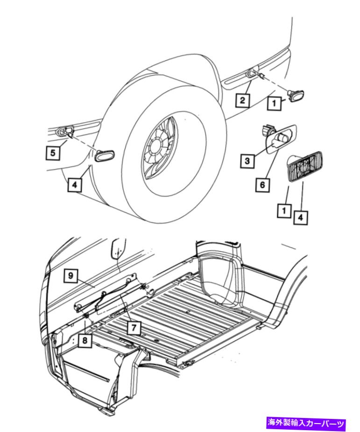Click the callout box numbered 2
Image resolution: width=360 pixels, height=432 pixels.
(242, 100)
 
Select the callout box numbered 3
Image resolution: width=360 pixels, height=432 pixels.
(247, 160)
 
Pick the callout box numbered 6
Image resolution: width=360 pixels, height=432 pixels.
(262, 184)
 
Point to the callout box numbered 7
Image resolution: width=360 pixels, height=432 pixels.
(134, 328)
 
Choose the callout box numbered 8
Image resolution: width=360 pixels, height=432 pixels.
(85, 340)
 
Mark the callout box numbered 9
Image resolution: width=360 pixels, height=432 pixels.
(71, 275)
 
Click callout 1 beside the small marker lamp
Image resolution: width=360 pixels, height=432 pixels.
(274, 103)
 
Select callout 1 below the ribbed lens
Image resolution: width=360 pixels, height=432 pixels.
(284, 211)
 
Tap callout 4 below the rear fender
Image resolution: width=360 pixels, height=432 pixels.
(75, 184)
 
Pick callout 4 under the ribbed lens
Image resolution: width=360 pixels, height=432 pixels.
(301, 218)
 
